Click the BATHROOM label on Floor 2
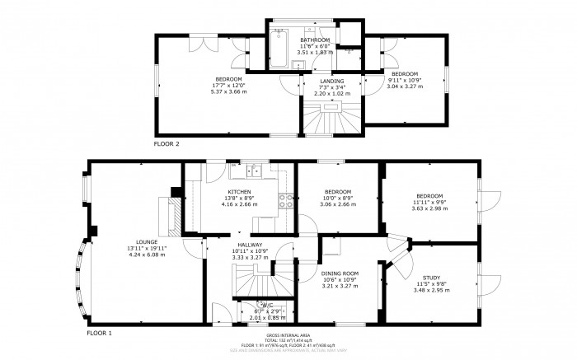(315, 40)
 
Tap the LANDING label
(331, 81)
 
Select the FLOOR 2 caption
(166, 143)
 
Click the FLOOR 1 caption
(100, 334)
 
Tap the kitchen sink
(253, 172)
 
